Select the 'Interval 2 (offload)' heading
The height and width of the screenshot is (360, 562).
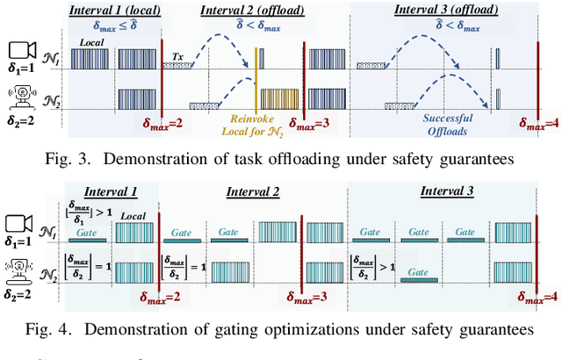[254, 10]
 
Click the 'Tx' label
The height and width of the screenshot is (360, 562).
[177, 54]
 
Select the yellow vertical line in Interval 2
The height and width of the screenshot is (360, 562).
[256, 80]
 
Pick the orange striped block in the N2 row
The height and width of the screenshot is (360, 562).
[278, 98]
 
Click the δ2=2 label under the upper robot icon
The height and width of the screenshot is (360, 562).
[22, 124]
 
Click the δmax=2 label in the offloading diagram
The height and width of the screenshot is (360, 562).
[163, 123]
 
